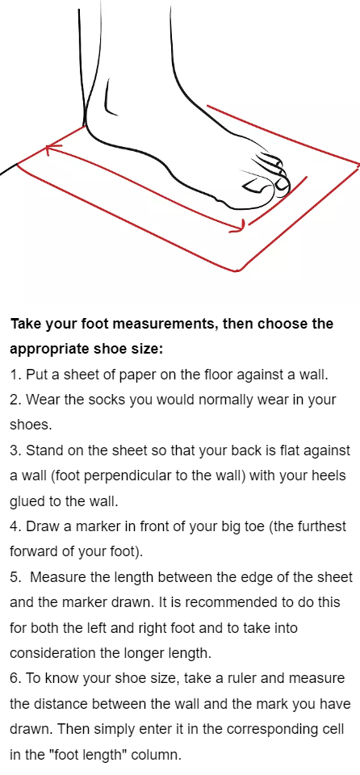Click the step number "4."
pos(16,527)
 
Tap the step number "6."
pos(16,679)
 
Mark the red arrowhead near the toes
pos(240,226)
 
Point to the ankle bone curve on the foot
pos(109,98)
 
